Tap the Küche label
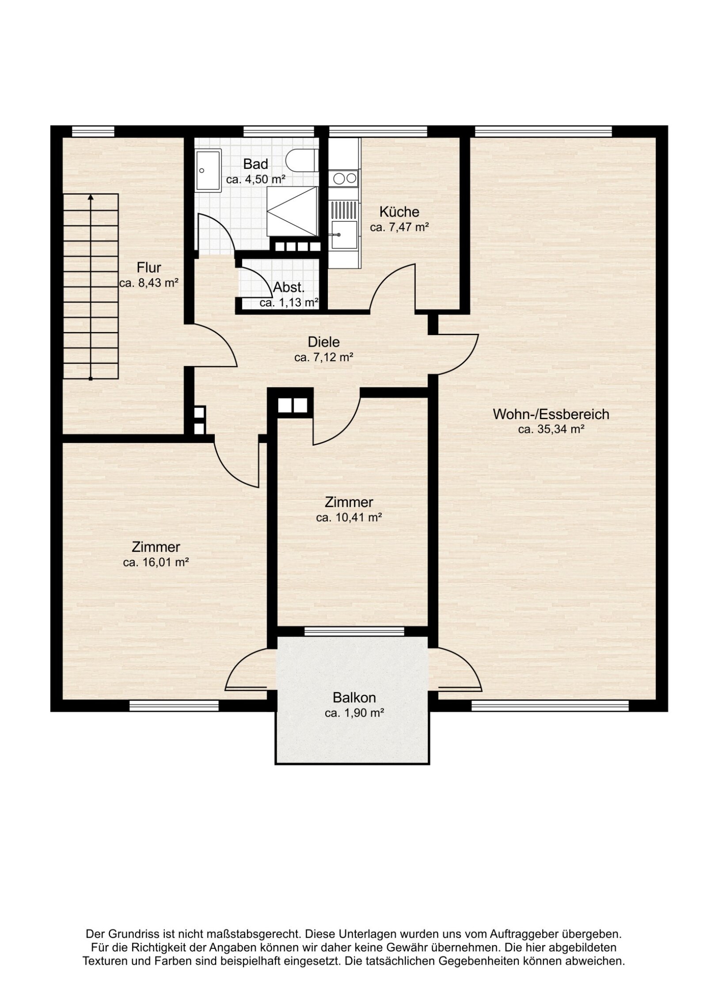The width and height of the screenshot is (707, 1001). [x=399, y=212]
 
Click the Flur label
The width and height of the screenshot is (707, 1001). [x=148, y=268]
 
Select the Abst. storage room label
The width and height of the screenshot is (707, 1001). [x=289, y=288]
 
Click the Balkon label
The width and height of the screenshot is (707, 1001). [x=354, y=698]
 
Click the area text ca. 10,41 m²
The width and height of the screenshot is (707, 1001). [x=349, y=517]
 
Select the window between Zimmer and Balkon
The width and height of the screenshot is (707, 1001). [x=354, y=631]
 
